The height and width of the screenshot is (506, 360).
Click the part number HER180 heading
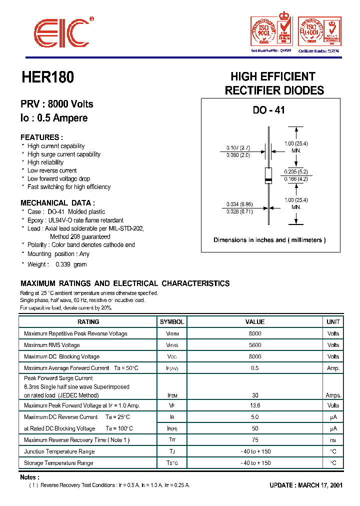[x=47, y=77]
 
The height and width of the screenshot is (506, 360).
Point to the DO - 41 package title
[x=268, y=110]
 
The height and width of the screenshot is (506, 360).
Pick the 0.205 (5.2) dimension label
[x=296, y=171]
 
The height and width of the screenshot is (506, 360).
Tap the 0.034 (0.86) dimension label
[x=238, y=204]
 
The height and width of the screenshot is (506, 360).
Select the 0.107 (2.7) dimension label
[x=238, y=147]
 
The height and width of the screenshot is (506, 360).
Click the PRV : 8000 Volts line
[x=56, y=104]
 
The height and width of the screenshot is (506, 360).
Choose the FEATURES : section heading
[x=41, y=137]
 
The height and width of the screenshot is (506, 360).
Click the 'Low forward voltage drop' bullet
[x=58, y=178]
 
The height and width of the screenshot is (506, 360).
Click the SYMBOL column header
[x=172, y=322]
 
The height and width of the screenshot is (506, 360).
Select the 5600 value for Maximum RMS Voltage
[x=254, y=345]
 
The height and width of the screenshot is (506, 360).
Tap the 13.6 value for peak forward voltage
[x=254, y=405]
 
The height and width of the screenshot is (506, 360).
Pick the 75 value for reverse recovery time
[x=254, y=440]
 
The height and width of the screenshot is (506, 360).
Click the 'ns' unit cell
[x=333, y=440]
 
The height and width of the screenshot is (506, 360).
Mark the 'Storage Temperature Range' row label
[x=58, y=463]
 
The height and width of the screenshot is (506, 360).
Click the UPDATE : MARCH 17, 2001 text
[x=305, y=485]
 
